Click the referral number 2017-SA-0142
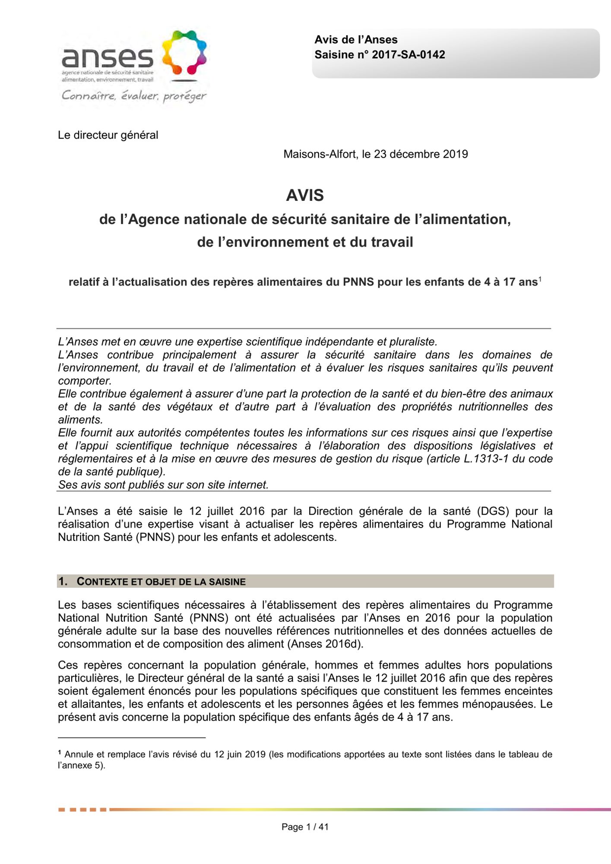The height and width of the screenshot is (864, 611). [408, 55]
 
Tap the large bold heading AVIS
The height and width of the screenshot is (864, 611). [305, 195]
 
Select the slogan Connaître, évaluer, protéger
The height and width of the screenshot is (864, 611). [134, 95]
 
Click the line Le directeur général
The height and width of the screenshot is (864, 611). [108, 135]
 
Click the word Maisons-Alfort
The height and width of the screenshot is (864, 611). [320, 154]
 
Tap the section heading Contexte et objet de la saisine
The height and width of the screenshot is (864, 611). [161, 581]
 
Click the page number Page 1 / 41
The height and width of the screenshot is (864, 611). [305, 827]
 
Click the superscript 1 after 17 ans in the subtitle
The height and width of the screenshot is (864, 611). [540, 280]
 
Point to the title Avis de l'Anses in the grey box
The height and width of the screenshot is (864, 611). [356, 40]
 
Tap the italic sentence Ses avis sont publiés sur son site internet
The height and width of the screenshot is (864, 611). [163, 485]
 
